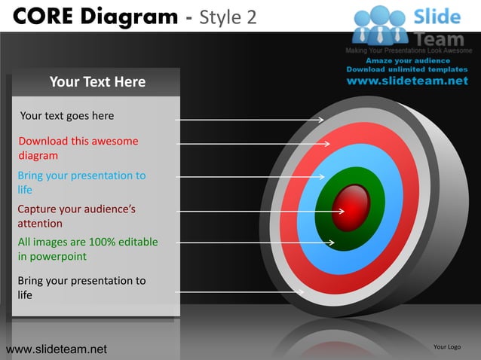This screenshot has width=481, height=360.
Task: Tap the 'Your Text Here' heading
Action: point(97,81)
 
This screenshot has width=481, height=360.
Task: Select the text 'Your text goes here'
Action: point(67,116)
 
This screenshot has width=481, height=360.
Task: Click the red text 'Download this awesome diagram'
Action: point(78,148)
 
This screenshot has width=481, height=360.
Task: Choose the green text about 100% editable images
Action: point(87,249)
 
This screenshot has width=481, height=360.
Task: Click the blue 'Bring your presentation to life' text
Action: point(81,183)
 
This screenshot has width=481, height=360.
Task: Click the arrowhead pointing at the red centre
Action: point(341,211)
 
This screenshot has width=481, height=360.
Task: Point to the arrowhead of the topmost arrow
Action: point(320,120)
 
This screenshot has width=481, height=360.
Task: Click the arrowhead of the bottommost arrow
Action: point(301,292)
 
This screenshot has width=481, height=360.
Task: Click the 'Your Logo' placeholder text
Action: point(447,346)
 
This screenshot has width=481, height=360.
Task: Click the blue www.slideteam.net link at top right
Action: point(407,81)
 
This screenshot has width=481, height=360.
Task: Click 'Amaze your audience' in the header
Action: point(408,60)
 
